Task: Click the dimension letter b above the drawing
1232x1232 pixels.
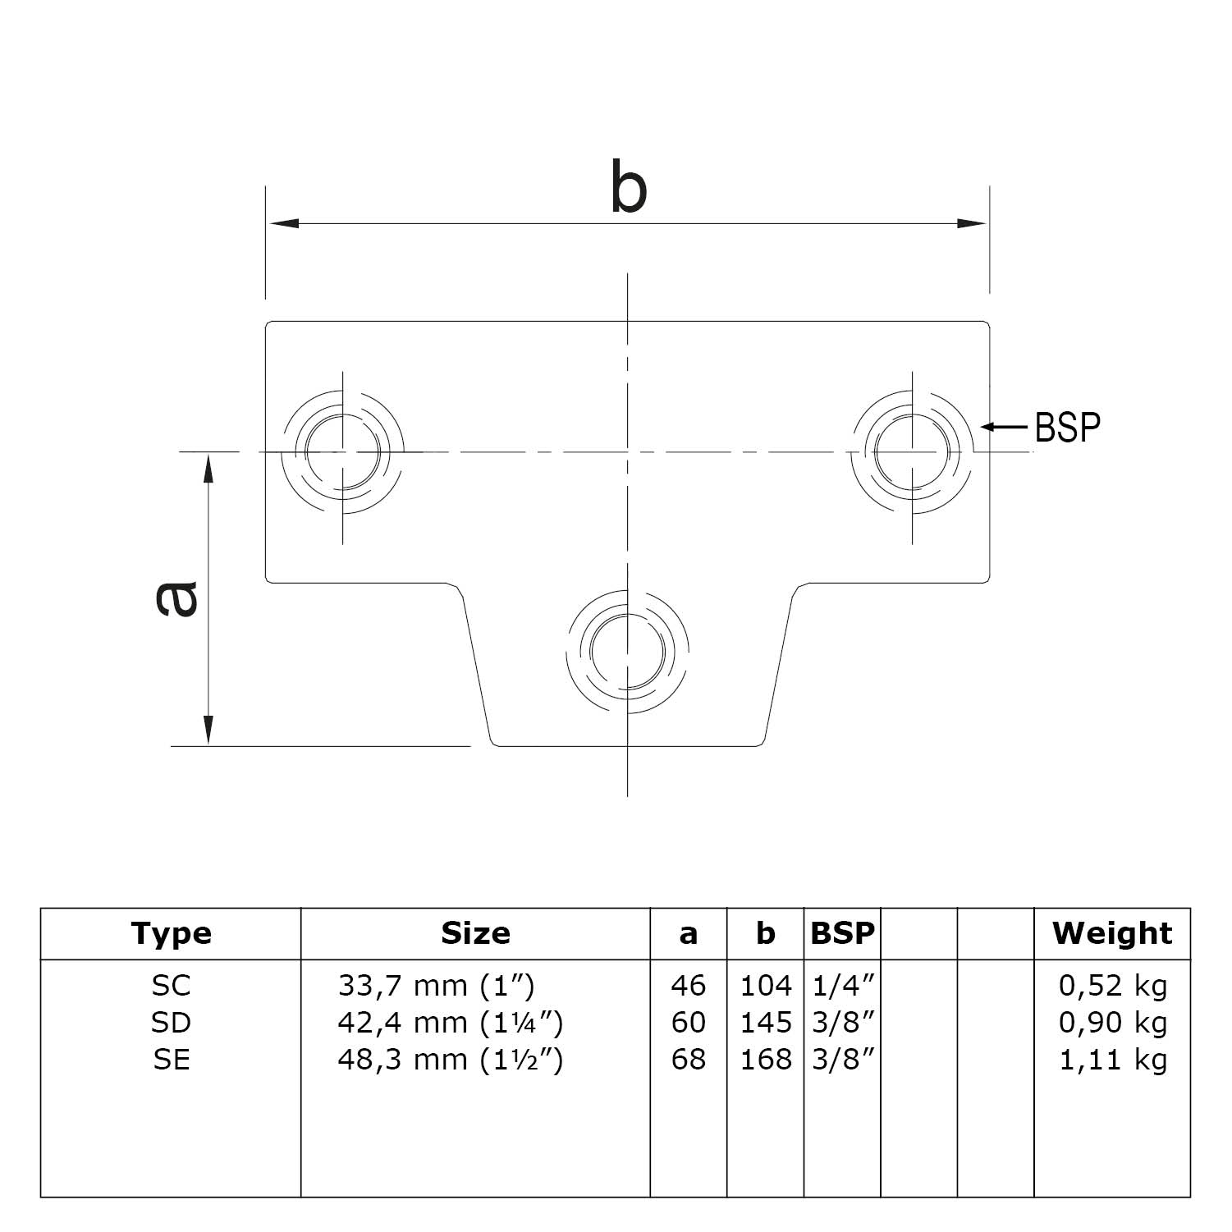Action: [629, 188]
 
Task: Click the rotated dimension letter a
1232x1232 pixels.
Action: [176, 598]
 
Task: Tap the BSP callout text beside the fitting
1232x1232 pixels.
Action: [1067, 427]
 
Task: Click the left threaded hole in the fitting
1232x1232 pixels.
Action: [342, 451]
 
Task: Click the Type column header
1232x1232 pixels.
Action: [171, 933]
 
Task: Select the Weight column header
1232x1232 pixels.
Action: [1112, 933]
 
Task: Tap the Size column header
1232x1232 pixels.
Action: [475, 933]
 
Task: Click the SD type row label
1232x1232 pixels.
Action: [171, 1023]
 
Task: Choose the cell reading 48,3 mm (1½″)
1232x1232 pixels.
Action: [450, 1060]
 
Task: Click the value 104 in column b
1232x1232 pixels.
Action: [765, 985]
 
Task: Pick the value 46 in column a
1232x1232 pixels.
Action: [688, 985]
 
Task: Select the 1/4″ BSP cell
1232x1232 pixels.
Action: [842, 985]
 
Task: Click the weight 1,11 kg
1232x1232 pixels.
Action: [1113, 1060]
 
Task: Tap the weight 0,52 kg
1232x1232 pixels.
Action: [1113, 985]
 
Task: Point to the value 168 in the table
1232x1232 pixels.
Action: [765, 1060]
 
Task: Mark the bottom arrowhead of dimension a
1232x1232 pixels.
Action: [208, 730]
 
